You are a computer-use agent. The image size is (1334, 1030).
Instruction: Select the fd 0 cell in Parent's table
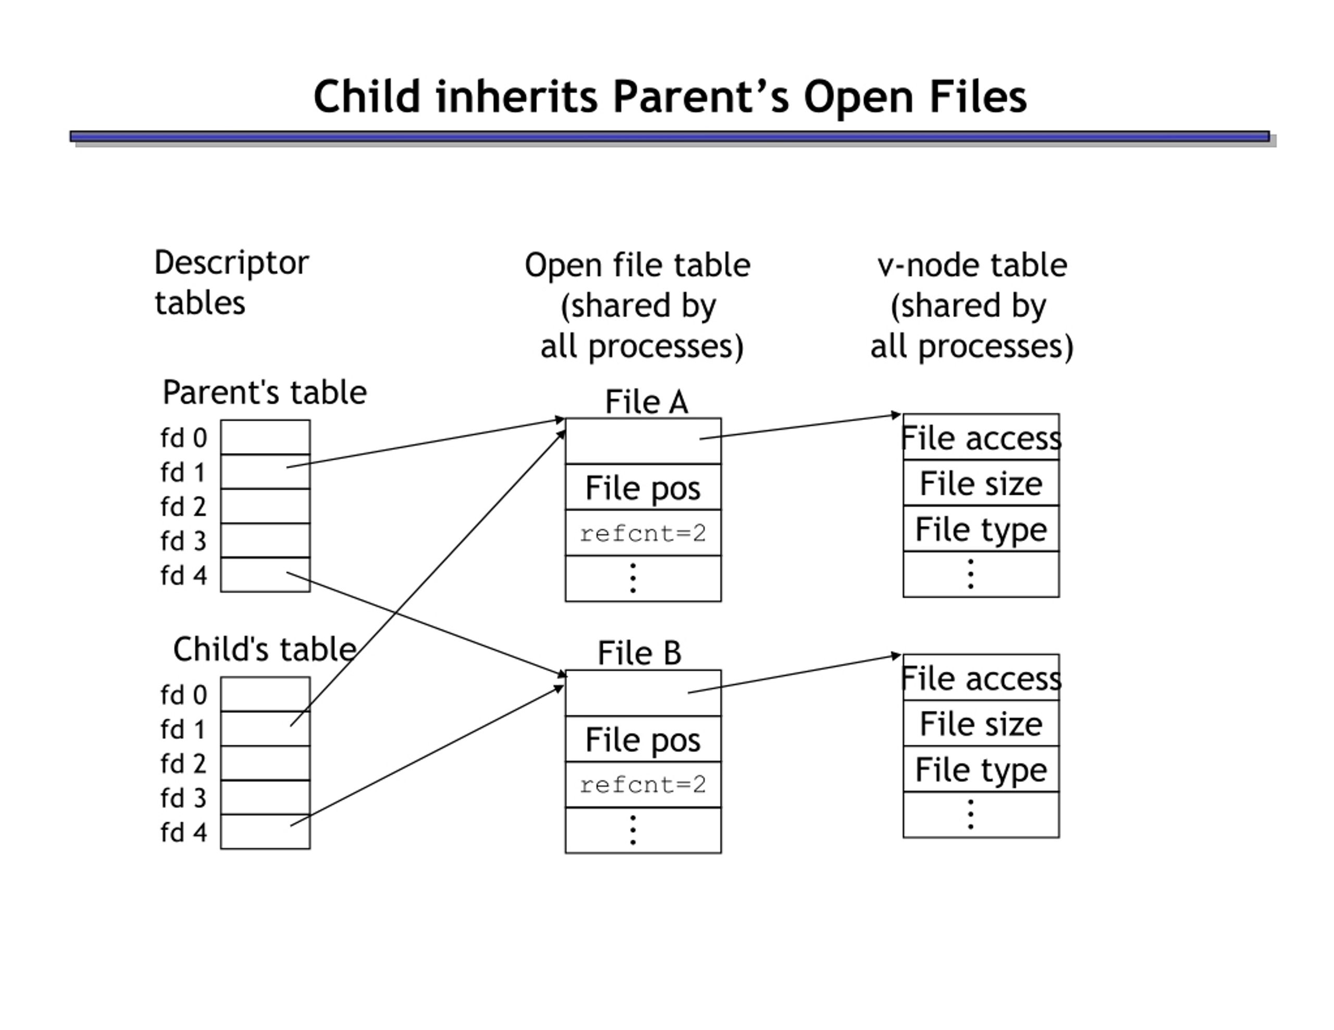265,437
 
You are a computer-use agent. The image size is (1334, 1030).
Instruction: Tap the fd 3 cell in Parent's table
265,541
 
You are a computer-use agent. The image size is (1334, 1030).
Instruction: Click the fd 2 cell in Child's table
265,763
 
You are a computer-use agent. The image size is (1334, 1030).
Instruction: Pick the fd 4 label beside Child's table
183,832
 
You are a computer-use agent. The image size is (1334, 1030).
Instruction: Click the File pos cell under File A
643,487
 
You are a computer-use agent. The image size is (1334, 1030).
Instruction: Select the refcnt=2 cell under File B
643,785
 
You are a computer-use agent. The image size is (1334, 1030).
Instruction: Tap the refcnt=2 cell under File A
643,533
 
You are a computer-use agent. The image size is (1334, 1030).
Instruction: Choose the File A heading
646,402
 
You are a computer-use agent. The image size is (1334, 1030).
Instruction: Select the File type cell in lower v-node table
980,769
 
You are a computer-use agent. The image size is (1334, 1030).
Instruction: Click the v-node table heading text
972,265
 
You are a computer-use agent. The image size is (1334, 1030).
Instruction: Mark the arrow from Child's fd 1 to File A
428,577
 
